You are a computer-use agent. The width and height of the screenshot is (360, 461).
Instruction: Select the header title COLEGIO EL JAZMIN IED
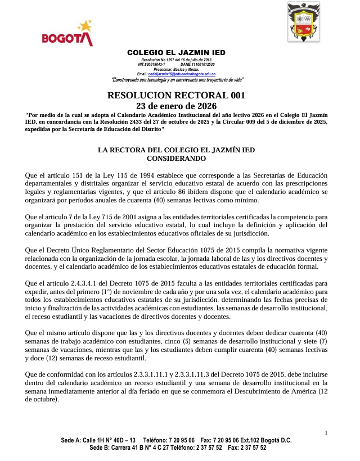[x=176, y=53]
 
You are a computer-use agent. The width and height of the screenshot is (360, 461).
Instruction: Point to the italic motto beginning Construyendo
[x=177, y=79]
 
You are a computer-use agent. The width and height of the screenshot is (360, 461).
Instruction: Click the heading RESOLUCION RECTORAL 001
[x=176, y=96]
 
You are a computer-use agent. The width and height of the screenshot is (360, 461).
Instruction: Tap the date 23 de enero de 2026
[x=176, y=106]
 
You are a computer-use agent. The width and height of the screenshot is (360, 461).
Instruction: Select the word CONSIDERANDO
[x=176, y=159]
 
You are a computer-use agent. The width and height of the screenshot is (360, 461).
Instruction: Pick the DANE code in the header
[x=203, y=64]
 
